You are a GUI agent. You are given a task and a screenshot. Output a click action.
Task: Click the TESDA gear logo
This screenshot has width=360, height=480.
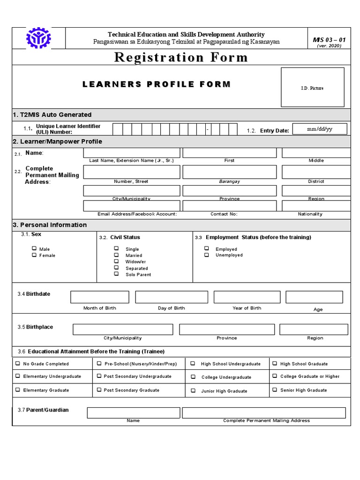[x=38, y=38]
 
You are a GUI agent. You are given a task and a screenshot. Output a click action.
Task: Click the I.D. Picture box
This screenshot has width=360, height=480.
[x=312, y=87]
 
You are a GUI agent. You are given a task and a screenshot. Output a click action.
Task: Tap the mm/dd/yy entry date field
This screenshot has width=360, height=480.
[x=319, y=129]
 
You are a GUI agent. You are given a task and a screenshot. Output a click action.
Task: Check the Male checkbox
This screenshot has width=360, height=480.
[x=34, y=249]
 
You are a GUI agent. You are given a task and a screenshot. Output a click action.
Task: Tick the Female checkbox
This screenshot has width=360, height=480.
[x=34, y=255]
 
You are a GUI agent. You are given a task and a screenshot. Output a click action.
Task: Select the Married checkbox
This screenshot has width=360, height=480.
[x=116, y=255]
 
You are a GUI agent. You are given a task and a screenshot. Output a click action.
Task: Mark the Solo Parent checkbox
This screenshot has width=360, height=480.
[x=116, y=274]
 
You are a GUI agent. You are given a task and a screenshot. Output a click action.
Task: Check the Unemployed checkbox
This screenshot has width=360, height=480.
[x=207, y=255]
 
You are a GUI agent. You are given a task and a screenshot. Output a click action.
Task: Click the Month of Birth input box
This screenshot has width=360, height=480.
[x=99, y=297]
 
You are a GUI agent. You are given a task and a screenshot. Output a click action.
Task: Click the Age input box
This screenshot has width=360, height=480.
[x=314, y=297]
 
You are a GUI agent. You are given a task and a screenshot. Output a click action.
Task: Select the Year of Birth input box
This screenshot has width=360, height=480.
[x=247, y=297]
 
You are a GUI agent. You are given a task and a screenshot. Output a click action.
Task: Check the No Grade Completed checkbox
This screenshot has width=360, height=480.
[x=18, y=363]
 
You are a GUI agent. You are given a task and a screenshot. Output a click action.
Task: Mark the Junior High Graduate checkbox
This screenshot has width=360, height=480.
[x=193, y=390]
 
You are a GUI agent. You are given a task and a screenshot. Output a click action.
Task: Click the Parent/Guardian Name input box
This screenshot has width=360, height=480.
[x=133, y=412]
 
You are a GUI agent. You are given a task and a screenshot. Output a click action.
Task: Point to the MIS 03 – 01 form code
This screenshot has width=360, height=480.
[x=329, y=40]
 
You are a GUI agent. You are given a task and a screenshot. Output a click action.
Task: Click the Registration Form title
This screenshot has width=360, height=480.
[x=181, y=58]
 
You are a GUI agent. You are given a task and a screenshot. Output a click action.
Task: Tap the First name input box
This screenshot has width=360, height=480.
[x=229, y=153]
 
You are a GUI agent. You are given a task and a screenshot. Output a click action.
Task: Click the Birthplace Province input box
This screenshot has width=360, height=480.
[x=227, y=330]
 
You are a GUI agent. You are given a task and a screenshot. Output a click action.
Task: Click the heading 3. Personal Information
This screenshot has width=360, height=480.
[x=50, y=225]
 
